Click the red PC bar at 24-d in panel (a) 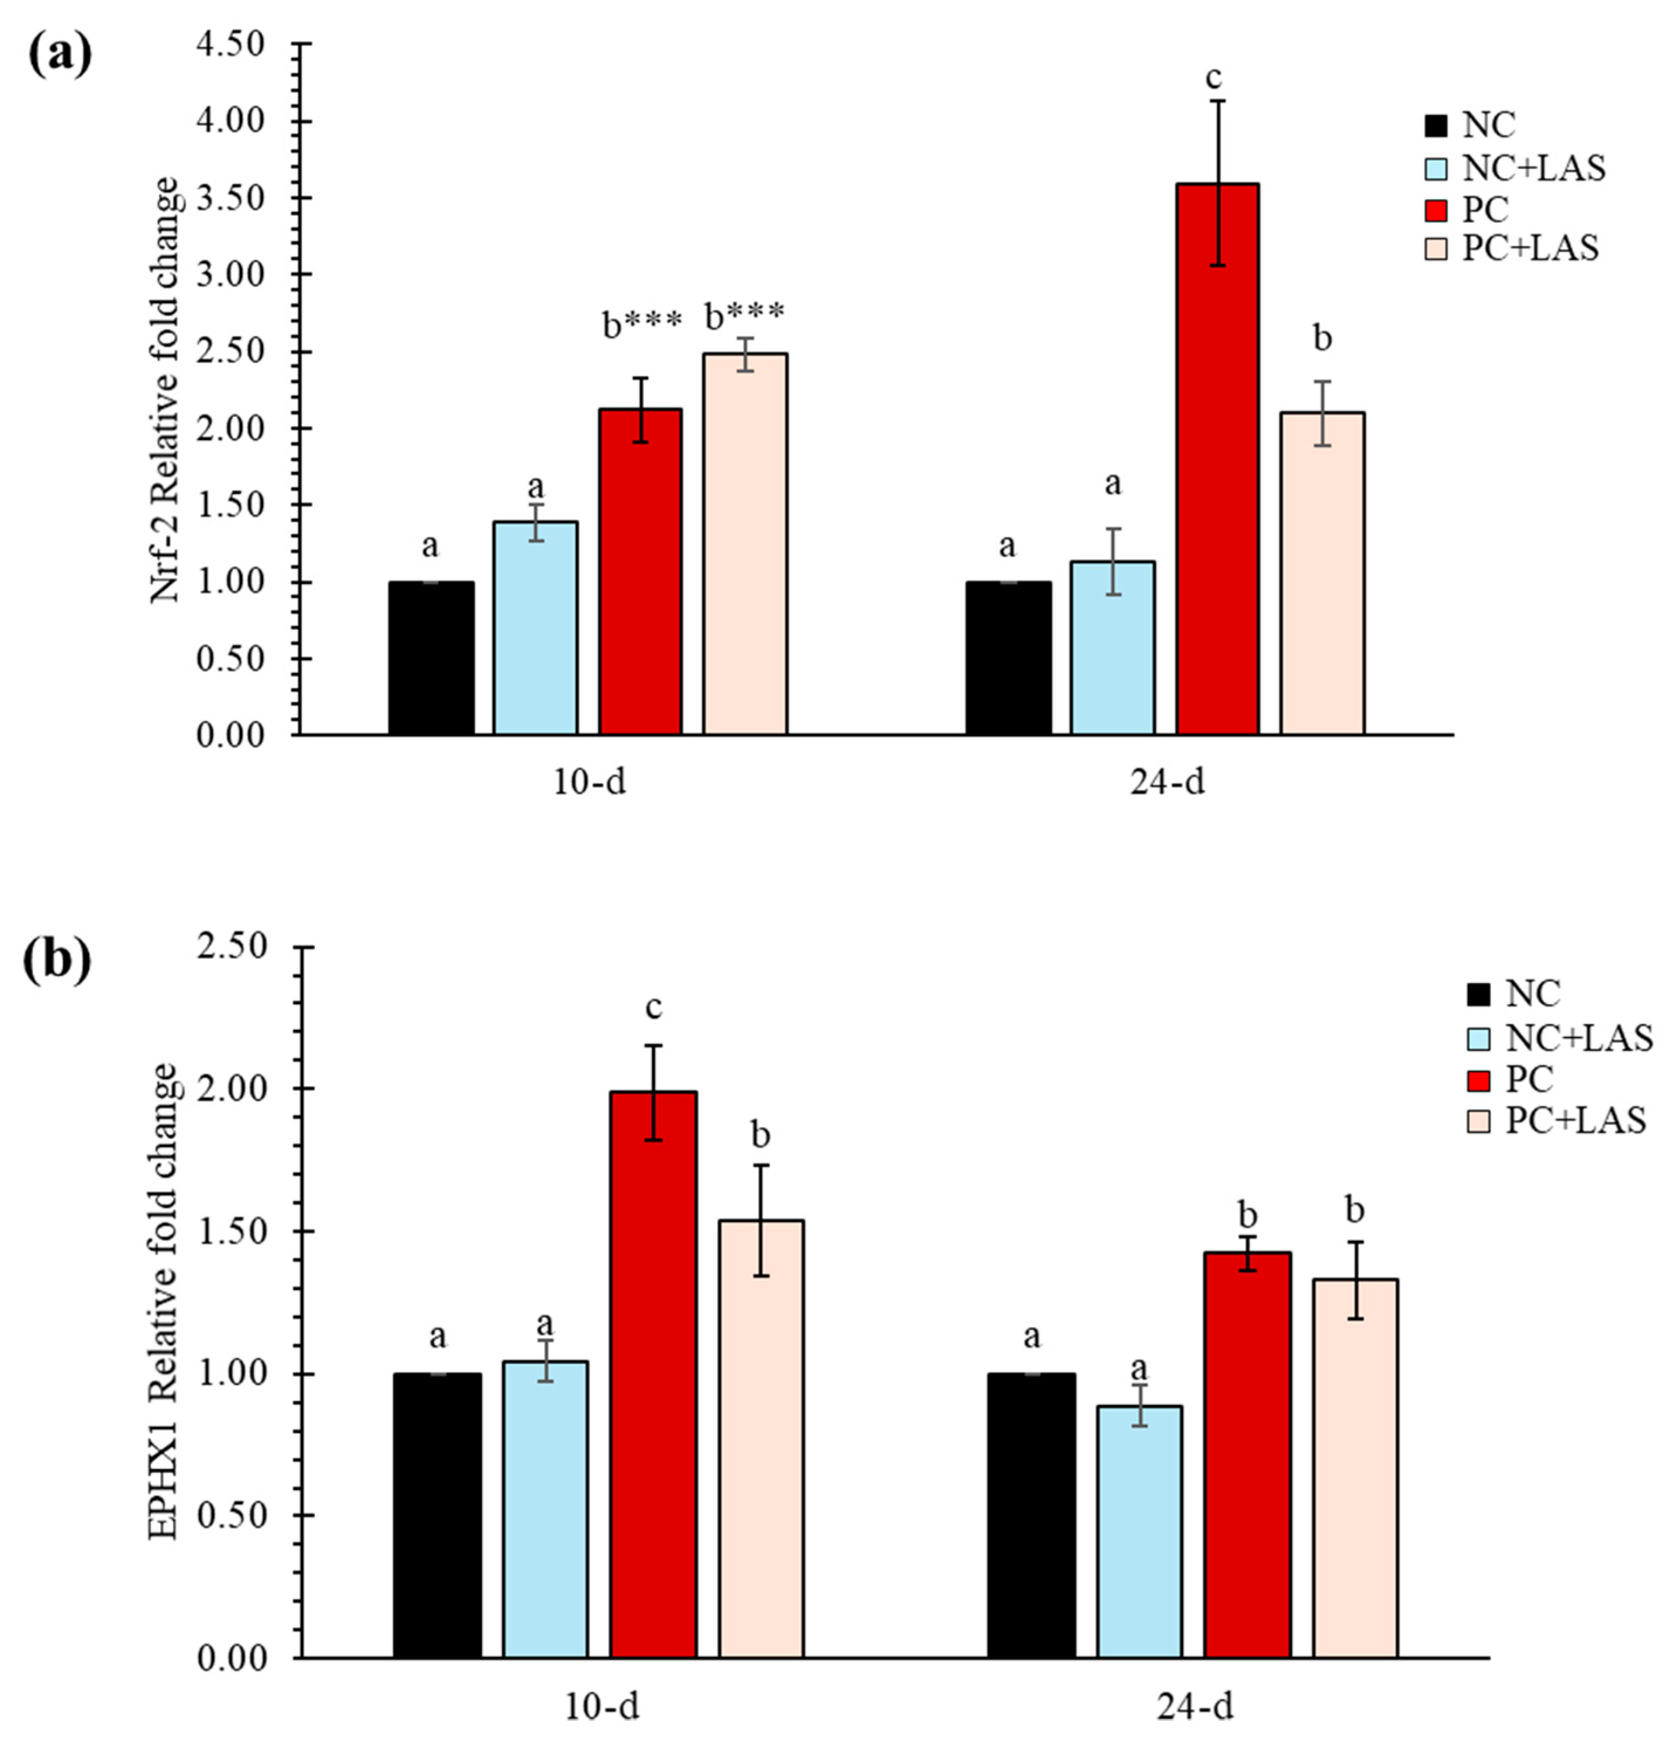coord(1217,458)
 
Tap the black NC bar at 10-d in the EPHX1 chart coord(437,1515)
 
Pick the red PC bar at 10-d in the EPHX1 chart coord(653,1374)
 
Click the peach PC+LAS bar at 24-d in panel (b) coord(1355,1467)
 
